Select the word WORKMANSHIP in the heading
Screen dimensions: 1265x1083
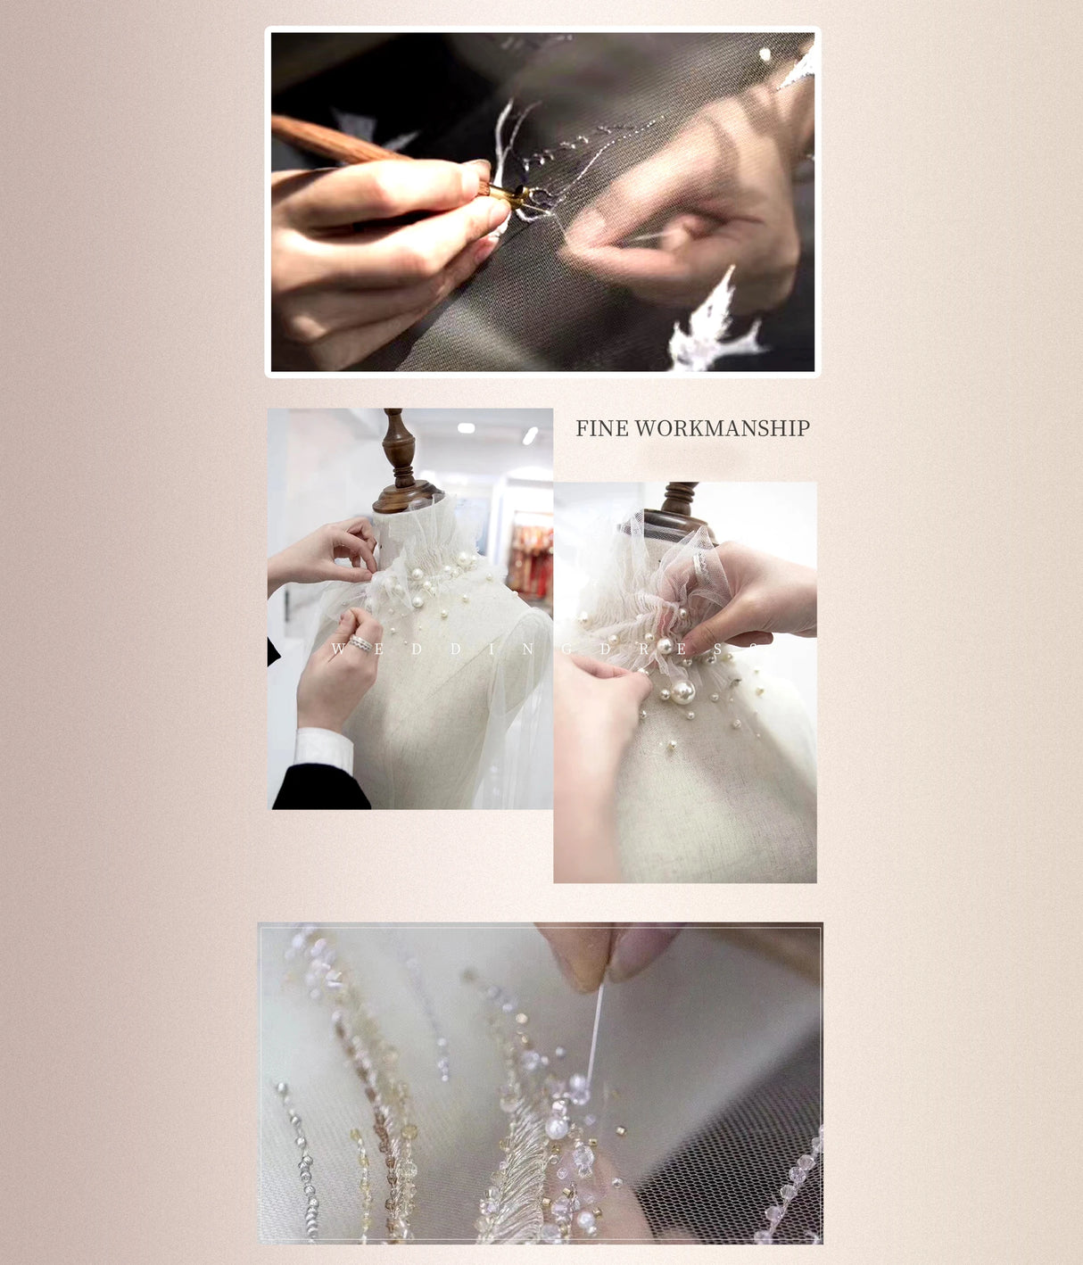[722, 429]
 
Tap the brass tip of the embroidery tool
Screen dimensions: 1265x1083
[505, 193]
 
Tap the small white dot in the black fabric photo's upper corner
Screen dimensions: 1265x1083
[765, 55]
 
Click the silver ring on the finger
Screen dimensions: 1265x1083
[360, 643]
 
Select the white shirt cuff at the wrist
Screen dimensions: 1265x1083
[323, 748]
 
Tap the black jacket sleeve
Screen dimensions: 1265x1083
[317, 789]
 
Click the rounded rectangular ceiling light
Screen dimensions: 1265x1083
[466, 428]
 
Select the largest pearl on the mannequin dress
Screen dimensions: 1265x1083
[683, 691]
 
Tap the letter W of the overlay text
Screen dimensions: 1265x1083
[338, 649]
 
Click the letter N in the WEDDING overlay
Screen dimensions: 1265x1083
[527, 649]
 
